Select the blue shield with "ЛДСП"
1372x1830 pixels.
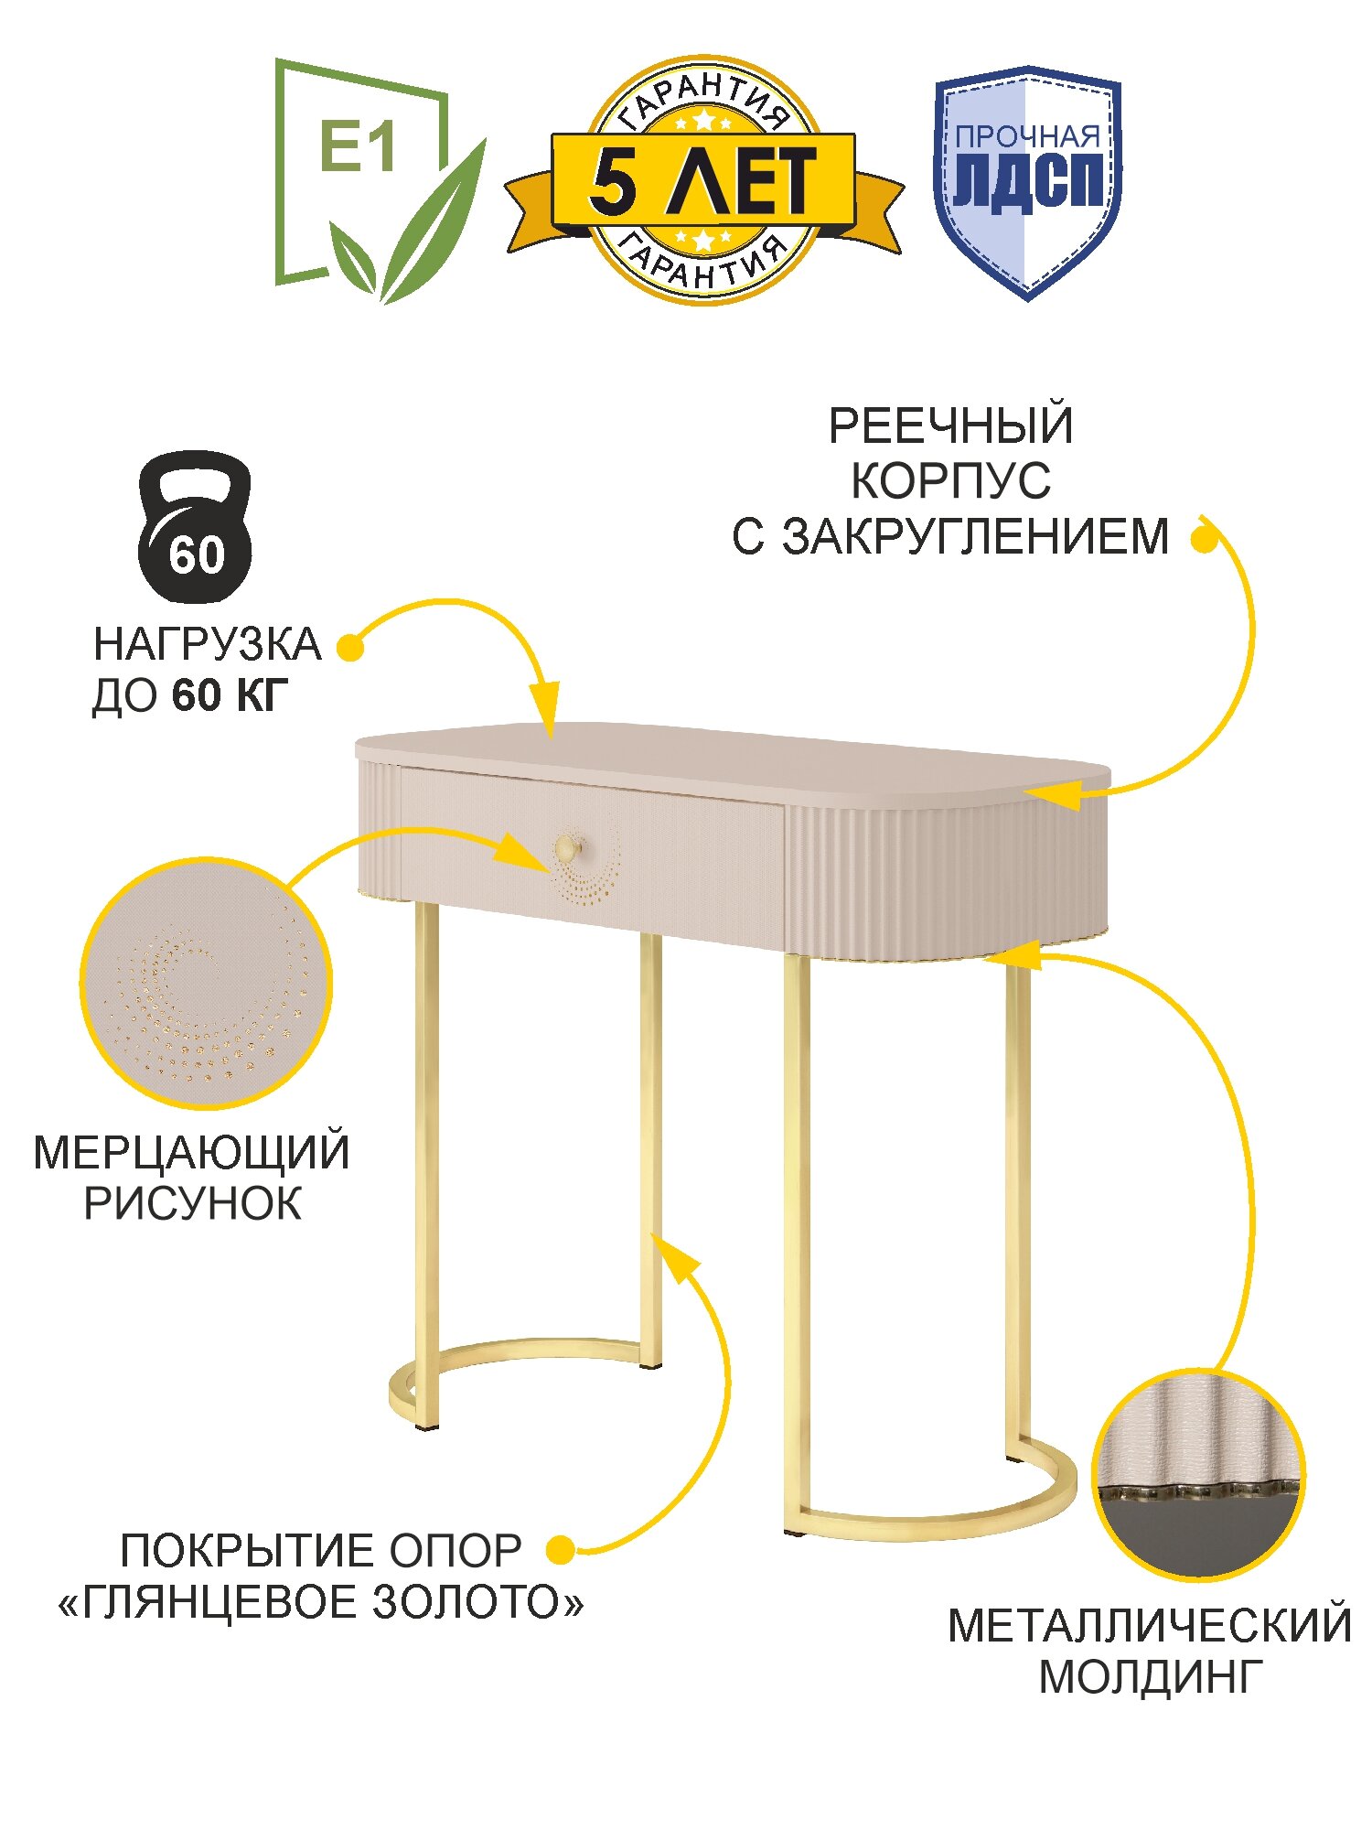[1027, 183]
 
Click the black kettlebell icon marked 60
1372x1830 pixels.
[195, 528]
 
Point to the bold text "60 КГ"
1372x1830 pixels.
[230, 696]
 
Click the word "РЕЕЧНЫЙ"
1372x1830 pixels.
[950, 426]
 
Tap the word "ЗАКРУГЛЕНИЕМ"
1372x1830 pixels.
[976, 537]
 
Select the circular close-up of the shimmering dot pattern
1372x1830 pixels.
[206, 984]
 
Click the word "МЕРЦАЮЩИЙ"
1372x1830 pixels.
[191, 1153]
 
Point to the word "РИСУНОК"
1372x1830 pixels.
[192, 1204]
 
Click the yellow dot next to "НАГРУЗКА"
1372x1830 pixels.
[350, 647]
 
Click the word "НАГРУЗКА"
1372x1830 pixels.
[208, 645]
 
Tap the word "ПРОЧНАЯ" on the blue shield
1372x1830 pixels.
[1027, 137]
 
